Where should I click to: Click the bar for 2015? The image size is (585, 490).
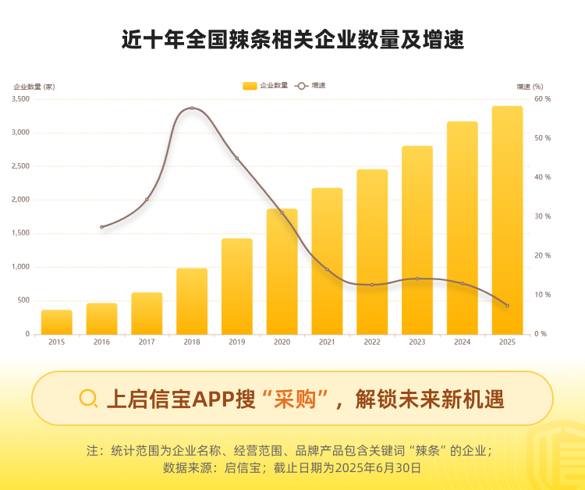click(56, 322)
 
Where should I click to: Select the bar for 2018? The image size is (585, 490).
click(192, 301)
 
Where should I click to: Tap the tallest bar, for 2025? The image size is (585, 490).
click(507, 220)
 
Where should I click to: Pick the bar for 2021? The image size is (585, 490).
click(327, 261)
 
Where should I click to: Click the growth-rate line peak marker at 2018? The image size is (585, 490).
click(192, 108)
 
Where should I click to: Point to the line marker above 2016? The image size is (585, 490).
click(101, 227)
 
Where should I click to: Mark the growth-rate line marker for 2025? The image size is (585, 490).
click(507, 305)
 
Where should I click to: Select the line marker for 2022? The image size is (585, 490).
click(372, 285)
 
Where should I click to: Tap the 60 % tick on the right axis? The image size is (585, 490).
click(542, 99)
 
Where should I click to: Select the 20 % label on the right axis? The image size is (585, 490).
click(542, 256)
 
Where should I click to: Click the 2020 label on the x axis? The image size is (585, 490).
click(282, 342)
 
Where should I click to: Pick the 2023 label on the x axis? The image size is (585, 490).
click(417, 342)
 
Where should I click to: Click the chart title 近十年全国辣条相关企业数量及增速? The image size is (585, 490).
click(292, 40)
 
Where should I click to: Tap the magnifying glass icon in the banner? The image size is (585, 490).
click(89, 399)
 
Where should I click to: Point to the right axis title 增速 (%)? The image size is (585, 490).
click(530, 86)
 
